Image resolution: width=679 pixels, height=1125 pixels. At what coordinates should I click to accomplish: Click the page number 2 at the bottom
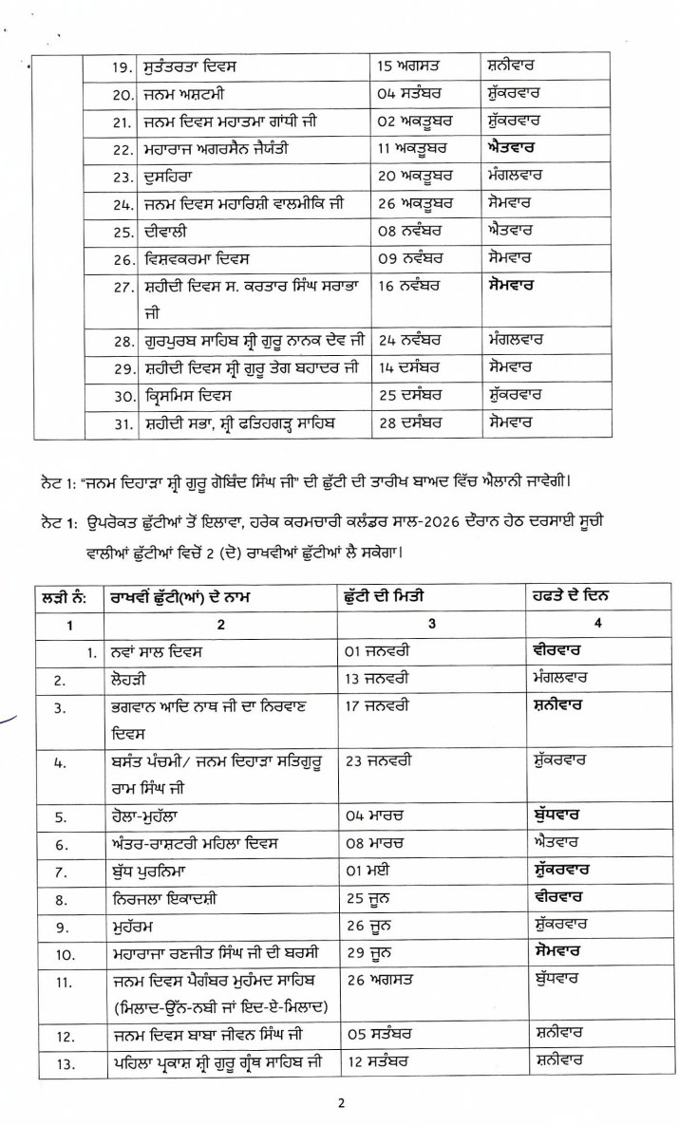pos(338,1102)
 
